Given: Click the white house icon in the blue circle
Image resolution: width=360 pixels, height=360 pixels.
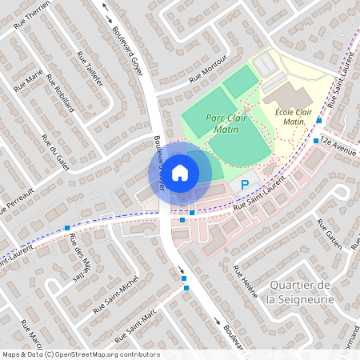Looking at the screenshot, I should pos(180,171).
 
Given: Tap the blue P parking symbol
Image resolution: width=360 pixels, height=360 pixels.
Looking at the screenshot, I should pos(244,185).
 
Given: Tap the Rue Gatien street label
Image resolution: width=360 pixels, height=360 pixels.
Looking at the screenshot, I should pos(329,233).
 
